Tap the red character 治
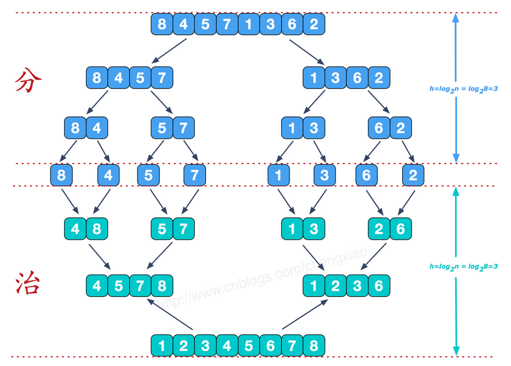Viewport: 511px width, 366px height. pos(29,285)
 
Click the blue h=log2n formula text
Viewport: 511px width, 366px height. pos(464,88)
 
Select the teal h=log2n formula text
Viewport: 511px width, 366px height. pos(464,266)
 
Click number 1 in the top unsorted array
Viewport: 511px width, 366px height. pos(248,25)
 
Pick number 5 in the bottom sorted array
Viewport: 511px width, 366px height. pos(248,345)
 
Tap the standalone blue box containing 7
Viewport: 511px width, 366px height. pos(194,176)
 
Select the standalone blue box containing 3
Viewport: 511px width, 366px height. pos(325,176)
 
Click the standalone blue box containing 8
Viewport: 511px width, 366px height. pos(61,176)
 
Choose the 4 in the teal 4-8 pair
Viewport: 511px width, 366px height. pos(75,229)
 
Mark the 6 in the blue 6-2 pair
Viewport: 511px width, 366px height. pos(378,128)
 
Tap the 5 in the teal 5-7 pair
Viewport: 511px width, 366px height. pos(162,229)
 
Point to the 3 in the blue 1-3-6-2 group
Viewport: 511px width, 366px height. pos(335,78)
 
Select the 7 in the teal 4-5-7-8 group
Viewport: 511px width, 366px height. pos(140,286)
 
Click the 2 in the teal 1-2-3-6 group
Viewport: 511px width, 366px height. pos(335,286)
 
